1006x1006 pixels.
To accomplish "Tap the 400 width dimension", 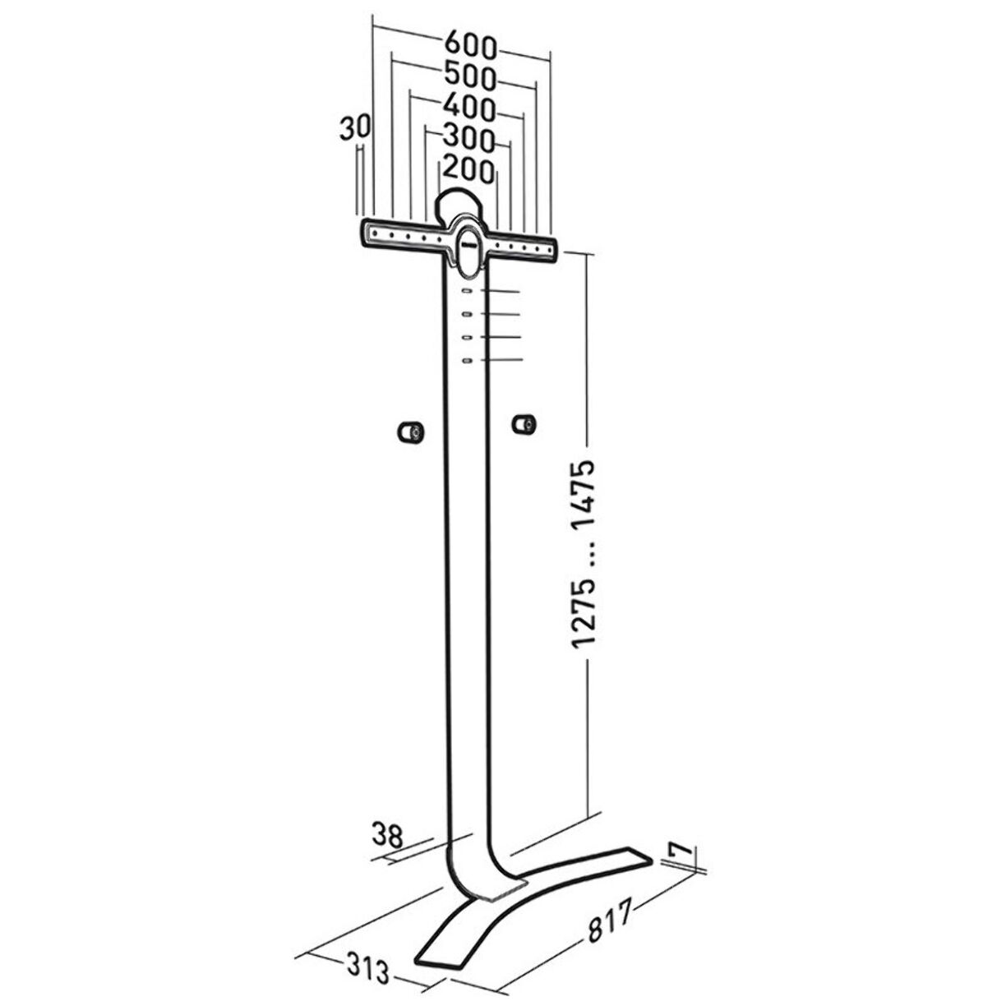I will (469, 107).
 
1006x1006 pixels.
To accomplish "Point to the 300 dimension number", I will (468, 137).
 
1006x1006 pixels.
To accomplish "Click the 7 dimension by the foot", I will (681, 855).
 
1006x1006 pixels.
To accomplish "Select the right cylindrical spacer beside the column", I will (523, 424).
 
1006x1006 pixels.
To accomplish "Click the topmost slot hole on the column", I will (466, 292).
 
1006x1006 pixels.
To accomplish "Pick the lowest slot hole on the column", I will (466, 362).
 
